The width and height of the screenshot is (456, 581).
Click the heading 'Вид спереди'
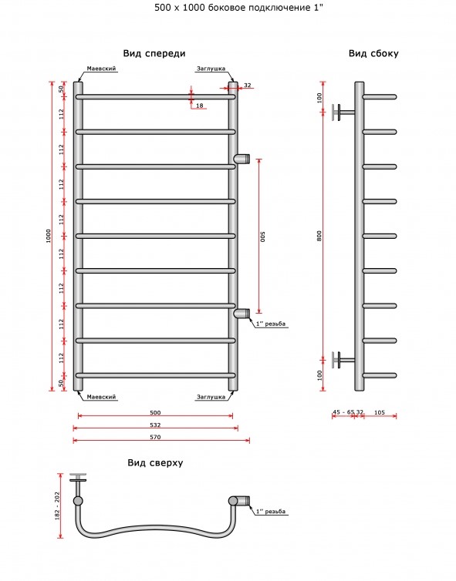[x=154, y=54]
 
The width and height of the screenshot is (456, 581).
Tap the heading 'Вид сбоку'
[x=373, y=54]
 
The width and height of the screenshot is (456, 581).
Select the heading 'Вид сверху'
[x=155, y=463]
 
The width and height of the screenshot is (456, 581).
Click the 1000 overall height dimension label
[x=49, y=236]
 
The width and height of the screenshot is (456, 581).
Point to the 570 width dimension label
[x=155, y=437]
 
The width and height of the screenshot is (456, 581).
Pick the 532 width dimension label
[x=155, y=425]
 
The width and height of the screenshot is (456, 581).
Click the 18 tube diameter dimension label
[x=200, y=106]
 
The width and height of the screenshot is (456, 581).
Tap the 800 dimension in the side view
[x=319, y=236]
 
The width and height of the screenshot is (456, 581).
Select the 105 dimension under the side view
[x=380, y=412]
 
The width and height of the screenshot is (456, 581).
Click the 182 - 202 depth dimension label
[x=57, y=505]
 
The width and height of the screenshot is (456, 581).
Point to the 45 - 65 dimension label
[x=343, y=412]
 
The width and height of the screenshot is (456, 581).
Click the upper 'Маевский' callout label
[x=101, y=69]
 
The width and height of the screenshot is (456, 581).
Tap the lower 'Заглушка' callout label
[x=211, y=397]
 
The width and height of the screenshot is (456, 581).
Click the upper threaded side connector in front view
[x=242, y=159]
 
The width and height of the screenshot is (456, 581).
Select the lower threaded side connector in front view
[x=242, y=314]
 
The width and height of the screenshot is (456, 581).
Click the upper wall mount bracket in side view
[x=343, y=112]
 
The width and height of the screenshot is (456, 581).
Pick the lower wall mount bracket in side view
[x=343, y=359]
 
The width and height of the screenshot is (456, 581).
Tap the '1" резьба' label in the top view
[x=271, y=512]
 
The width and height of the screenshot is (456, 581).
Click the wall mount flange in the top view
[x=78, y=477]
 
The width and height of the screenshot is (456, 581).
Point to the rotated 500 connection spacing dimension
[x=262, y=237]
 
